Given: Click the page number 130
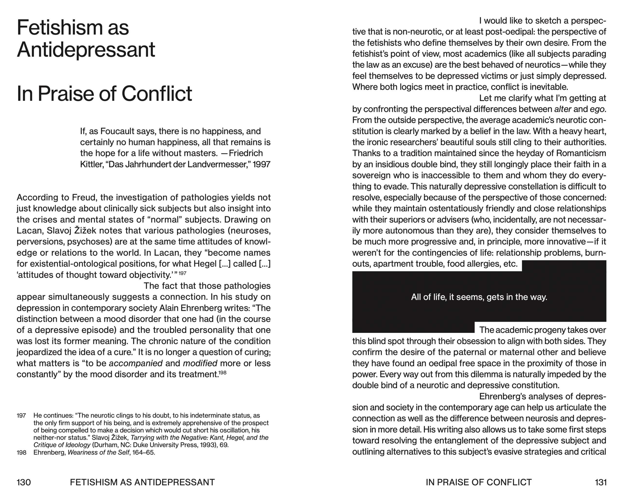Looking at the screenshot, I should point(24,482).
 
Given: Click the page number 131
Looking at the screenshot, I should point(600,482).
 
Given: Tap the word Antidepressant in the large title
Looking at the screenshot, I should point(86,50).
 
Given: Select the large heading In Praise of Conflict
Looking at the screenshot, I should point(104,94).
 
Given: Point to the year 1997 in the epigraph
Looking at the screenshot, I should point(262,164).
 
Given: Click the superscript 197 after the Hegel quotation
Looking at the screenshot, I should point(182,273).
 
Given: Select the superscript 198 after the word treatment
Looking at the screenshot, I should point(223,372).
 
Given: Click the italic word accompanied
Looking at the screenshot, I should point(136,363).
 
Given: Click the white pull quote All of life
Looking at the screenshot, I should point(479,297).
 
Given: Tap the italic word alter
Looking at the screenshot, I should point(563,109).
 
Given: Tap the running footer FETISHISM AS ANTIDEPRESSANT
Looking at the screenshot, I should point(142,482).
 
